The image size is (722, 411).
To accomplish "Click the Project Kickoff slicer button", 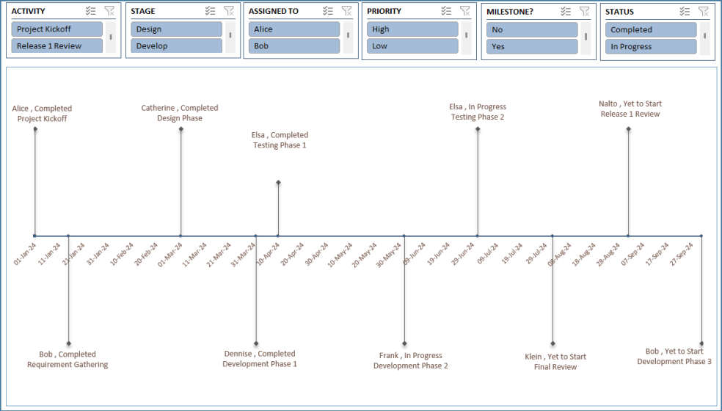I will coord(57,29).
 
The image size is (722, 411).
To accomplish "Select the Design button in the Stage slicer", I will coord(176,29).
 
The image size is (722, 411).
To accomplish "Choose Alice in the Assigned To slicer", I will coord(294,29).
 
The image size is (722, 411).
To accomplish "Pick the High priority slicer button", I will coord(412,29).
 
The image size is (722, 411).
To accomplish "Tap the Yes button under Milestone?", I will coord(532,46).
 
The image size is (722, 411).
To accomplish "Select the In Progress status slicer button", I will coord(651,46).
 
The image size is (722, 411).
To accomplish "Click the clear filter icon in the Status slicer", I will coord(704,11).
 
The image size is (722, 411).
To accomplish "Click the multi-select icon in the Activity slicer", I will coord(90,11).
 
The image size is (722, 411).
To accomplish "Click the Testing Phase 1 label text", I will coord(280,145).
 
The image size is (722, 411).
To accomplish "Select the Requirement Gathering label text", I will coord(68,365).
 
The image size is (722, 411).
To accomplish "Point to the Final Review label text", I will coord(555,367).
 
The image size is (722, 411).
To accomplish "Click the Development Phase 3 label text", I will coord(674,362).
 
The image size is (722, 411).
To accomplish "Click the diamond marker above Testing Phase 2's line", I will coord(478,129).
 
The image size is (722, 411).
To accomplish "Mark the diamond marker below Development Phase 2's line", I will coord(404,343).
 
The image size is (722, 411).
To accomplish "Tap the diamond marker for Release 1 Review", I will coord(628,129).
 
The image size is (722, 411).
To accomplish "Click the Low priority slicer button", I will coord(412,46).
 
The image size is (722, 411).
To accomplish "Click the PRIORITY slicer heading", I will coord(385,12).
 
